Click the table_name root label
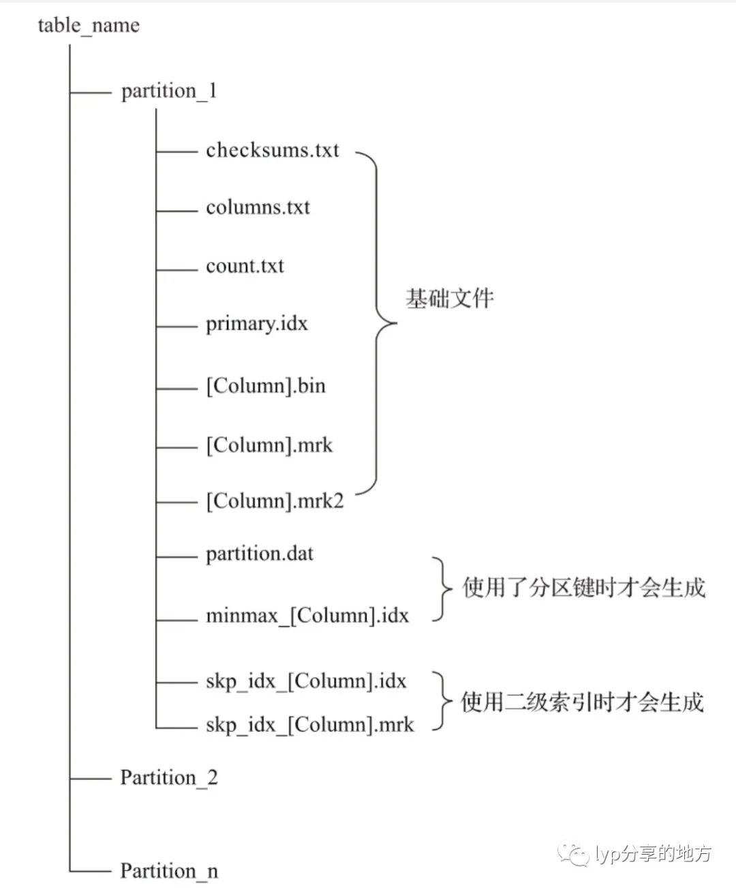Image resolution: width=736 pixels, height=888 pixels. coord(89,26)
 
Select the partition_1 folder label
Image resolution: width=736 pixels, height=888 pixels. coord(169,91)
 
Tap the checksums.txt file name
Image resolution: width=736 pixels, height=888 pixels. coord(272,149)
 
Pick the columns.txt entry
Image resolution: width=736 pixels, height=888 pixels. coord(258,207)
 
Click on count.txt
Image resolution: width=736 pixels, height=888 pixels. coord(245,265)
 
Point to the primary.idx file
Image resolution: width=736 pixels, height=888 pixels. coord(257,323)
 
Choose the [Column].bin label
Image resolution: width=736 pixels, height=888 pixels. coord(266,386)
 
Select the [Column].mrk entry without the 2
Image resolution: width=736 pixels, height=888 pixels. coord(269,445)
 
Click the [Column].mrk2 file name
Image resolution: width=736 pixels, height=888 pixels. coord(275,502)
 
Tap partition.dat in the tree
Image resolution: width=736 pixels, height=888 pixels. coord(260,553)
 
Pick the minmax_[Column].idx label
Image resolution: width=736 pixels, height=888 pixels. coord(307,616)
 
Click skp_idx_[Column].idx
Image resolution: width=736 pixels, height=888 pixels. coord(306,681)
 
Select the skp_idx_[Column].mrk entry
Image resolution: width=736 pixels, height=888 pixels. coord(309,724)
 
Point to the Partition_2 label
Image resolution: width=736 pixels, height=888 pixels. coord(169,778)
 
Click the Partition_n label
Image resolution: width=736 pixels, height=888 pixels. coord(169,871)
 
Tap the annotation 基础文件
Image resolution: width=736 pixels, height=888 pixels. coord(450,299)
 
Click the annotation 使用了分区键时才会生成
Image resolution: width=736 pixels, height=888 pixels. coord(584,588)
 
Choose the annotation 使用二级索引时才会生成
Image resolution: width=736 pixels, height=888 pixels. coord(582,702)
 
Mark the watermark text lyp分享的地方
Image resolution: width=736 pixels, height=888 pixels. coord(653,853)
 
